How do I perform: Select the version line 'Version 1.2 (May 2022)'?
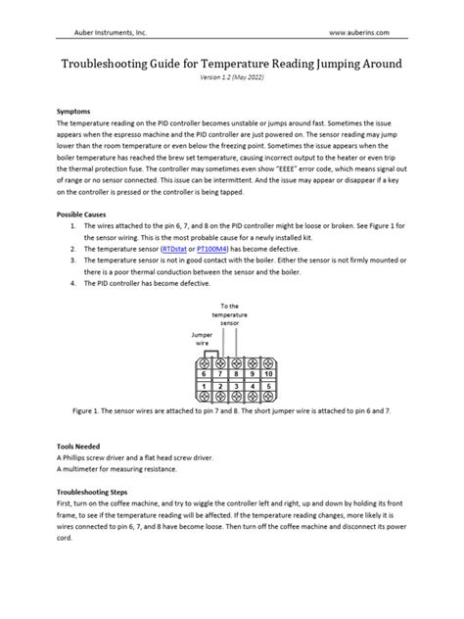(231, 75)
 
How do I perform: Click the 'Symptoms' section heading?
(77, 113)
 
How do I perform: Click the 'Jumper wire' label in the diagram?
(202, 338)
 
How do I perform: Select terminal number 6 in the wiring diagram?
(203, 373)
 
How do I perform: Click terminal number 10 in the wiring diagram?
(268, 373)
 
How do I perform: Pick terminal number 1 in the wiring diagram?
(203, 388)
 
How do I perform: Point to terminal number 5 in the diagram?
(268, 388)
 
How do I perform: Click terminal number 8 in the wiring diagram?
(235, 373)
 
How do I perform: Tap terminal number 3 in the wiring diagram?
(235, 388)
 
